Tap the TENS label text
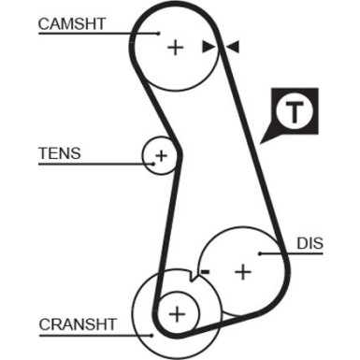pos(59,152)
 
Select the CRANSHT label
pos(78,324)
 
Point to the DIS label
pos(310,243)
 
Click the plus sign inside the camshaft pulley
pos(175,46)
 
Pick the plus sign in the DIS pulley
pos(242,271)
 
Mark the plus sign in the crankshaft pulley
pos(177,310)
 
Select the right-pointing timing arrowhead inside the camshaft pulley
pos(209,46)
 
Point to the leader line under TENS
pos(94,165)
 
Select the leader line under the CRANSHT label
pos(94,335)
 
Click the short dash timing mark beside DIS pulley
pos(205,271)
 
